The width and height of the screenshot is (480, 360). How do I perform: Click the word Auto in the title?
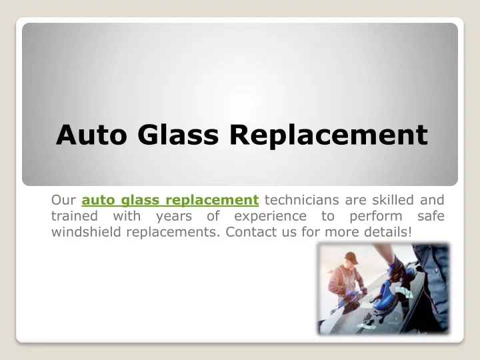click(91, 135)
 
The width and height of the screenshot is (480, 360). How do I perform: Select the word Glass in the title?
click(178, 135)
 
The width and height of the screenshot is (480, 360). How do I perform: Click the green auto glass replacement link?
click(170, 200)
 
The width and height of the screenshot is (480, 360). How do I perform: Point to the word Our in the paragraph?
click(63, 200)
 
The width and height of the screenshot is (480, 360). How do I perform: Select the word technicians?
click(302, 200)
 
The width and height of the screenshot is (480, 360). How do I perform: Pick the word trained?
click(75, 216)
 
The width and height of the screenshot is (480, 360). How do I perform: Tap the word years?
click(174, 217)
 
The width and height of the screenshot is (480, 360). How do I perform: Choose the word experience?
click(270, 217)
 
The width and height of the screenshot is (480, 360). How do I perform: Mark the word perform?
click(376, 217)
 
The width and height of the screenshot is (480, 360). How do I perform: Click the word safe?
click(431, 216)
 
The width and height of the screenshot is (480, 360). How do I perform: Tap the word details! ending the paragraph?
click(388, 232)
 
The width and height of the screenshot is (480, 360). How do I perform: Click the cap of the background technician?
click(352, 258)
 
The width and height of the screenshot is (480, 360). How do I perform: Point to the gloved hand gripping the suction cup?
click(397, 269)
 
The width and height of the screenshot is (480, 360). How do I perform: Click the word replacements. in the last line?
click(173, 233)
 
